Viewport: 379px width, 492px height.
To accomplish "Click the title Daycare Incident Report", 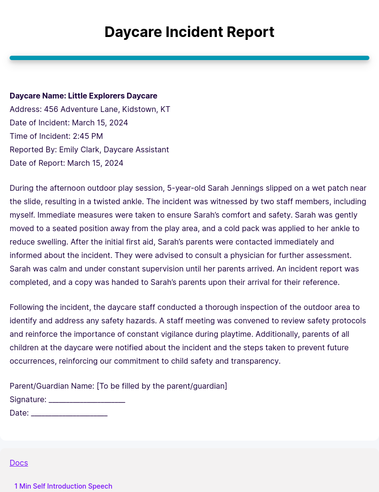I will pyautogui.click(x=189, y=32).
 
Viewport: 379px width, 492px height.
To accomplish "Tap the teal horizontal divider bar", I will pyautogui.click(x=189, y=58).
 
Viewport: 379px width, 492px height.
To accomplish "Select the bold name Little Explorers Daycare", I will pyautogui.click(x=113, y=96).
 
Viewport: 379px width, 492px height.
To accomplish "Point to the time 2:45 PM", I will pyautogui.click(x=88, y=136).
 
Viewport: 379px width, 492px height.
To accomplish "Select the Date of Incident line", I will pyautogui.click(x=69, y=123).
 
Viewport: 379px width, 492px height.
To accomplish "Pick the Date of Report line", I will pyautogui.click(x=66, y=163).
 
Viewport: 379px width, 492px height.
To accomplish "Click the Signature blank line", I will pyautogui.click(x=87, y=400).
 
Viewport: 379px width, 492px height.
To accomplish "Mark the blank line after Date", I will pyautogui.click(x=69, y=413).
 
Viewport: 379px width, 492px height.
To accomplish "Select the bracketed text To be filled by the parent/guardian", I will pyautogui.click(x=162, y=386).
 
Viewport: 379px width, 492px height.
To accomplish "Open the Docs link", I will pyautogui.click(x=19, y=463).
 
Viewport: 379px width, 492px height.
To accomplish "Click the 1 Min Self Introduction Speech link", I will pyautogui.click(x=63, y=486).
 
